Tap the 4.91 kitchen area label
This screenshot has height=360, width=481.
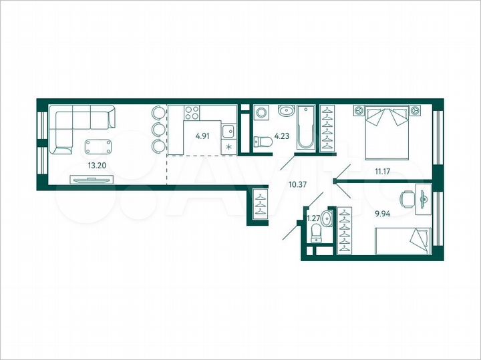202,136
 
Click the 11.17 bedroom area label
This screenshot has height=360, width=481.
382,172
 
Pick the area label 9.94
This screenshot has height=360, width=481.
383,214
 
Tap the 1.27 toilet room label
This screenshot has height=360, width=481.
313,217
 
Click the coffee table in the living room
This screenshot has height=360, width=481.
99,145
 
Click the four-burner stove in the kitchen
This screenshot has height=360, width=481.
192,113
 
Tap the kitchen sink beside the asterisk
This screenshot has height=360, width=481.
228,131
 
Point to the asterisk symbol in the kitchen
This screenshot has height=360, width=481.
229,146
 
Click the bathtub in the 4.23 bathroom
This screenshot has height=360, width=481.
307,127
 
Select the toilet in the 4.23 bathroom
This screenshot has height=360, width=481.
263,141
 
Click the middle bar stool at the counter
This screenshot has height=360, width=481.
158,129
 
